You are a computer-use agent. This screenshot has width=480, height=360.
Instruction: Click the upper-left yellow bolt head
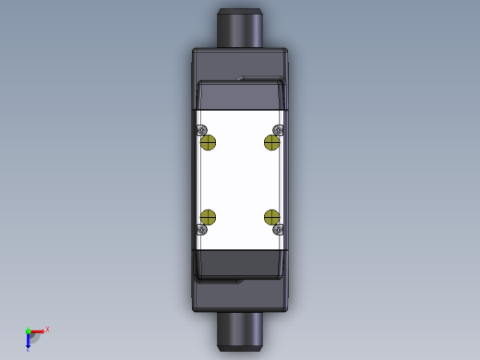coord(208,141)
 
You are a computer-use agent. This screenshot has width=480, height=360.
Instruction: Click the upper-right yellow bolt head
coord(272,141)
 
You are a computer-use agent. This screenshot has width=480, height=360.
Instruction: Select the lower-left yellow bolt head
coord(208,217)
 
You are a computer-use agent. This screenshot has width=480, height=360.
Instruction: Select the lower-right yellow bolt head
coord(271,217)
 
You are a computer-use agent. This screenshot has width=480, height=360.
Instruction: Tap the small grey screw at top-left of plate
coord(201,130)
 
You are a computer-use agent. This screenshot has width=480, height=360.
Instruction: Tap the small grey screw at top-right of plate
coord(278,130)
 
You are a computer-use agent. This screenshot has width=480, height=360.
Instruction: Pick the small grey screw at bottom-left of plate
coord(201,229)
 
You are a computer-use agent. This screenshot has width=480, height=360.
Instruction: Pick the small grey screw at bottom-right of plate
coord(278,229)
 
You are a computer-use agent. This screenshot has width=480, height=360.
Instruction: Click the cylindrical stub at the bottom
coord(240,330)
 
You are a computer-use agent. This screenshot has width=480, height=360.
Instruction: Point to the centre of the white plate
coord(240,180)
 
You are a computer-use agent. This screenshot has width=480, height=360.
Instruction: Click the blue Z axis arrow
coord(28,342)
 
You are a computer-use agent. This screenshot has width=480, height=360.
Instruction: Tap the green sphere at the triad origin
coord(28,331)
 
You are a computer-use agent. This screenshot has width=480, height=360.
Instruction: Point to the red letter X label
coord(47,329)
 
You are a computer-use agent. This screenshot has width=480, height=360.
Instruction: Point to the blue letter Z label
coord(28,350)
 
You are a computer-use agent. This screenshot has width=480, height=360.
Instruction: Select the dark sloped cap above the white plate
coord(240,96)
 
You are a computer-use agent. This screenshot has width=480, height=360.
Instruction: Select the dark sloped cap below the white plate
coord(240,263)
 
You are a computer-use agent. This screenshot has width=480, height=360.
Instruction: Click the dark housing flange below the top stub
coord(240,61)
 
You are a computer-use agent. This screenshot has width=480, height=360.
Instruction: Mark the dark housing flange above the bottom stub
coord(240,297)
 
